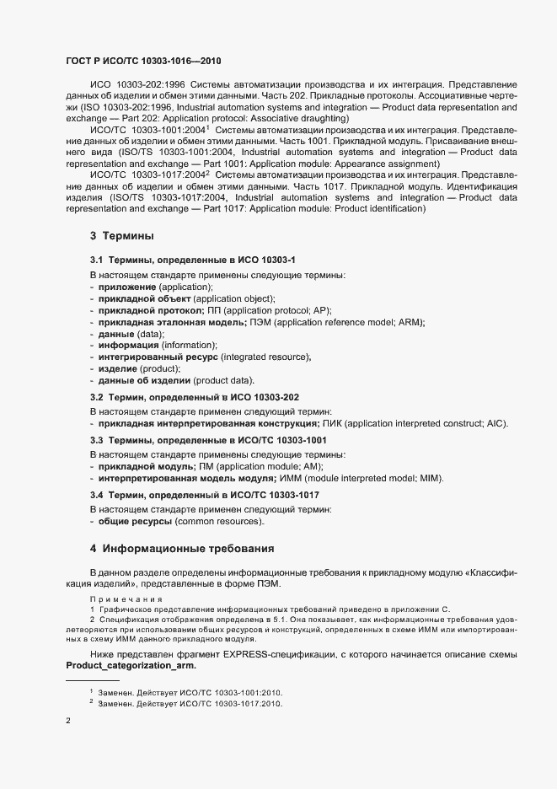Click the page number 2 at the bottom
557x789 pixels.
point(68,721)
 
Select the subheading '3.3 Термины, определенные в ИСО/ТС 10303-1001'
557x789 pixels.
point(208,440)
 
